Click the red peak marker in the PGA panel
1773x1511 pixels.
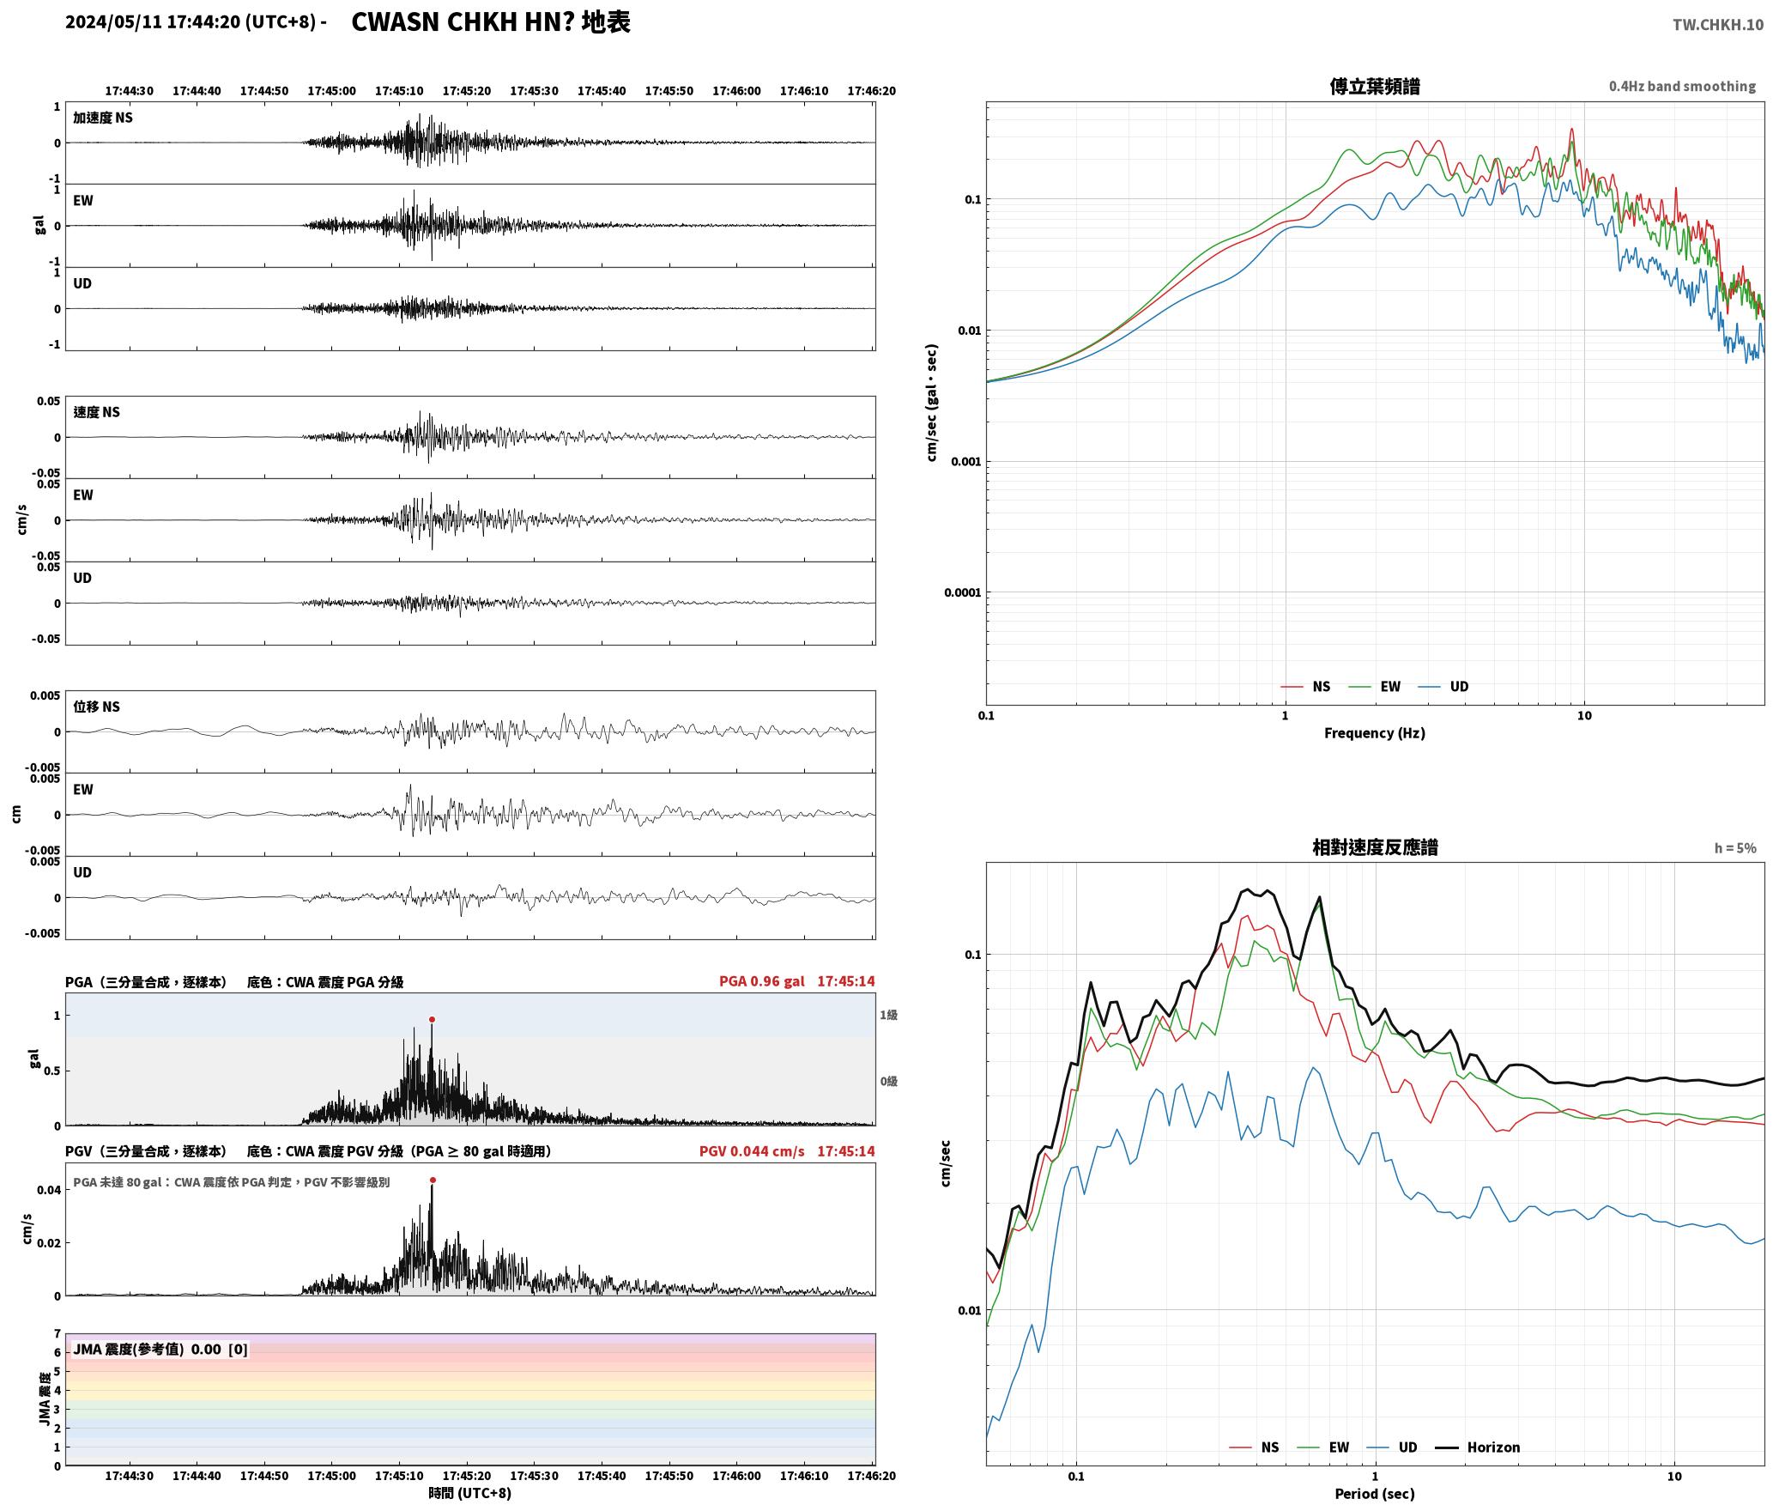coord(432,1020)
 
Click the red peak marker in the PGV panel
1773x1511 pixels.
coord(432,1180)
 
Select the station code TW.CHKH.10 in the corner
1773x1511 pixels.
coord(1717,25)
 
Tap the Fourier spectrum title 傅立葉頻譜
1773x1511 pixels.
coord(1374,86)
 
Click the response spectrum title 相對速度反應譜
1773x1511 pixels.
coord(1374,847)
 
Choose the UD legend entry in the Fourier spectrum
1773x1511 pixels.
coord(1443,687)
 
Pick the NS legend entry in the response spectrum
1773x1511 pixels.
coord(1254,1447)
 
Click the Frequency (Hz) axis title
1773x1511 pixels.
coord(1374,733)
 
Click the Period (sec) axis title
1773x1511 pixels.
coord(1374,1494)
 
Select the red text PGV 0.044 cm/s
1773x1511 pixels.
coord(752,1151)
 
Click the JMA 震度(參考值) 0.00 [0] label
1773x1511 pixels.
coord(160,1350)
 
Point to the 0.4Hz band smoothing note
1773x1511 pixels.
coord(1682,87)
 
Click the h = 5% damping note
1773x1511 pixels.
coord(1735,848)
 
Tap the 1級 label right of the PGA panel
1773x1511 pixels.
coord(888,1016)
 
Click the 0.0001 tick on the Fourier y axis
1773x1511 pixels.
coord(962,593)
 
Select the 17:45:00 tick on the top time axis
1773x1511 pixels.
coord(331,91)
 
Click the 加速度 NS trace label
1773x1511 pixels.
coord(103,118)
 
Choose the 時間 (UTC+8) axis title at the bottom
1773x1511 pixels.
coord(470,1494)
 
